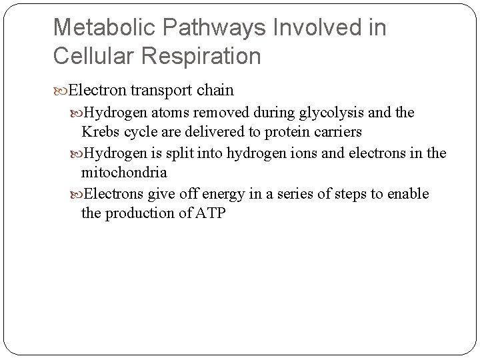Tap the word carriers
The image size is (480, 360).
pos(337,132)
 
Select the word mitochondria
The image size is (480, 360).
pos(124,173)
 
